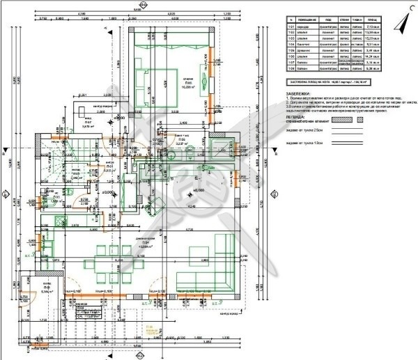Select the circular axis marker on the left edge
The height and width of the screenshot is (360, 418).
pos(4,194)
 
